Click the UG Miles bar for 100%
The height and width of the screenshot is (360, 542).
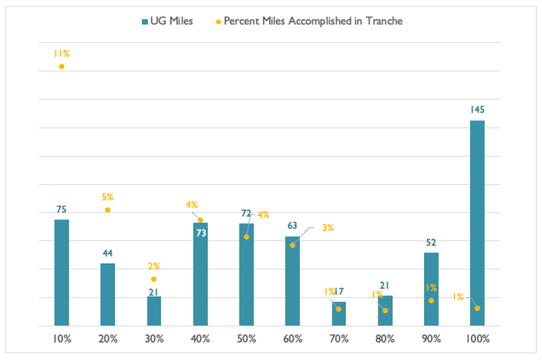(x=477, y=223)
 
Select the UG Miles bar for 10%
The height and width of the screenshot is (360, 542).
(x=62, y=272)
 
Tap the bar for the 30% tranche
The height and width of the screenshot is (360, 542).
(x=154, y=311)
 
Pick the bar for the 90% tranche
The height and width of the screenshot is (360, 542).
(x=431, y=289)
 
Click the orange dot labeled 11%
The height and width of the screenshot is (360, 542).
(x=62, y=66)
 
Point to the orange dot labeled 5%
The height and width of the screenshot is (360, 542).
(x=107, y=210)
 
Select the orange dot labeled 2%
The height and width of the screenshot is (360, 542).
(x=154, y=279)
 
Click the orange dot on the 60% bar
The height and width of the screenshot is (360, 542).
(x=292, y=245)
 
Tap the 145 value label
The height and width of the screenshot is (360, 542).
(x=477, y=109)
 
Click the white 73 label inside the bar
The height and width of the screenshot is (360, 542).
(x=201, y=233)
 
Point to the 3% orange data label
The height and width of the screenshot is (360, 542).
(x=328, y=227)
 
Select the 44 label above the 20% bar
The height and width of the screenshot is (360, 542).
(x=107, y=253)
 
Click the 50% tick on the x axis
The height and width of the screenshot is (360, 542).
(x=247, y=339)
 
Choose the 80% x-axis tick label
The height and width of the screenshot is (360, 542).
(x=385, y=339)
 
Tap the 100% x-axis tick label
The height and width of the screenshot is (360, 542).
(x=477, y=339)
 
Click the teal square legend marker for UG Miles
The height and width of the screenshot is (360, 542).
(x=145, y=22)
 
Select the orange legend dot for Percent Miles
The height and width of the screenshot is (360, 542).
(x=218, y=22)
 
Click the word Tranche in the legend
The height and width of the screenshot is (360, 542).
(x=384, y=21)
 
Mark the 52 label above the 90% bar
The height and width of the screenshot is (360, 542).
(x=431, y=242)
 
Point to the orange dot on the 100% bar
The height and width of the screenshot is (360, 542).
(x=477, y=308)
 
